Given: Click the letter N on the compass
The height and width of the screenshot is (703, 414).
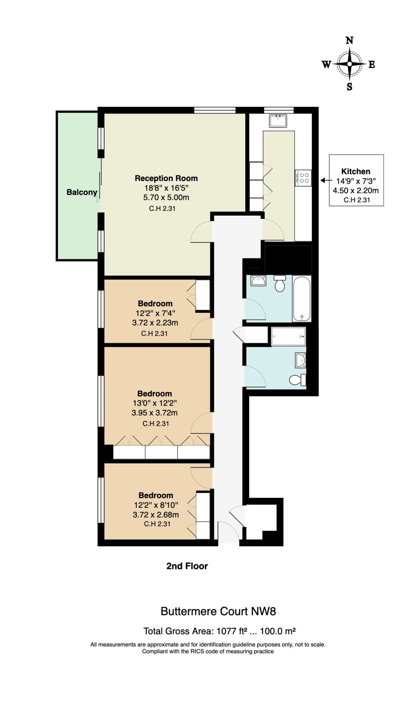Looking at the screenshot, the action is point(349,40).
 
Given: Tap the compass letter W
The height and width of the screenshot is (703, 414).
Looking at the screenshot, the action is point(327,65).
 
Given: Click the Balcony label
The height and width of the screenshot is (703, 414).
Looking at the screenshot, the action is point(82,192).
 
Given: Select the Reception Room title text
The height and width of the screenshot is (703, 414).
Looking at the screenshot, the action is point(167,178).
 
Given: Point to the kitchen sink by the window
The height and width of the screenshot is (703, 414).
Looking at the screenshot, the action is point(278,121).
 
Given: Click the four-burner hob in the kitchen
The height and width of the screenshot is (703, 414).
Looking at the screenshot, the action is point(303,178).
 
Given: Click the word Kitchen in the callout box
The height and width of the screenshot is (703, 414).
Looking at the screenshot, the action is point(356,171).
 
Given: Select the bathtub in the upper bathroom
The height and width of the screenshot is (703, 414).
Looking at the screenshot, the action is point(302,298).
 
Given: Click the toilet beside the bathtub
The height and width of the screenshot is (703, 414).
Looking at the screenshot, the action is point(279,283).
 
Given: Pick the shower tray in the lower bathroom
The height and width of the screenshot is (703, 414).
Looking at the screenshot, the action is point(288,337).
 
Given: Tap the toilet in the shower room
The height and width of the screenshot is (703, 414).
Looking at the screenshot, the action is point(298,380).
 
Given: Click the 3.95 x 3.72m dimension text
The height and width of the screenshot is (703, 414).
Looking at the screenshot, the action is point(155,413).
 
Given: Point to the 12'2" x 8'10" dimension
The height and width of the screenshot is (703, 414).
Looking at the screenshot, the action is point(156,505).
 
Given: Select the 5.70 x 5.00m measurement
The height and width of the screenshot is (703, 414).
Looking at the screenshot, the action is point(167,197).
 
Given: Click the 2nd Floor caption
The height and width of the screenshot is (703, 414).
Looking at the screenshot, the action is point(187,566).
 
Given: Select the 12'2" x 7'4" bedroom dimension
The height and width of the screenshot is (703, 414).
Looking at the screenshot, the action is point(156,313).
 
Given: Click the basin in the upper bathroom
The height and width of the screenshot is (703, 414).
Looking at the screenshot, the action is point(258,281).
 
